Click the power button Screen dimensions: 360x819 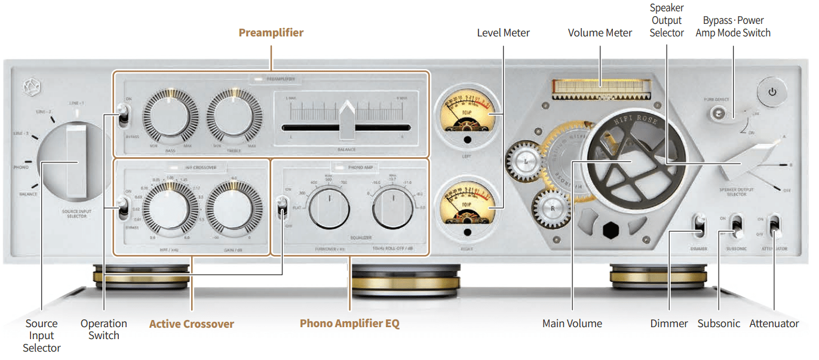pos(772,92)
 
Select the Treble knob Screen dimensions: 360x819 pos(234,116)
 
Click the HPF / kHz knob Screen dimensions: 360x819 pos(170,209)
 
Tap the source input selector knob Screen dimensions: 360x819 pos(75,161)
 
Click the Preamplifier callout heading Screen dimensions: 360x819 pos(271,33)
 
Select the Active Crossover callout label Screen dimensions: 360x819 pos(192,324)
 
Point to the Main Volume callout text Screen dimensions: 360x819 pos(572,324)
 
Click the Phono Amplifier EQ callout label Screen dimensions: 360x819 pos(349,324)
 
